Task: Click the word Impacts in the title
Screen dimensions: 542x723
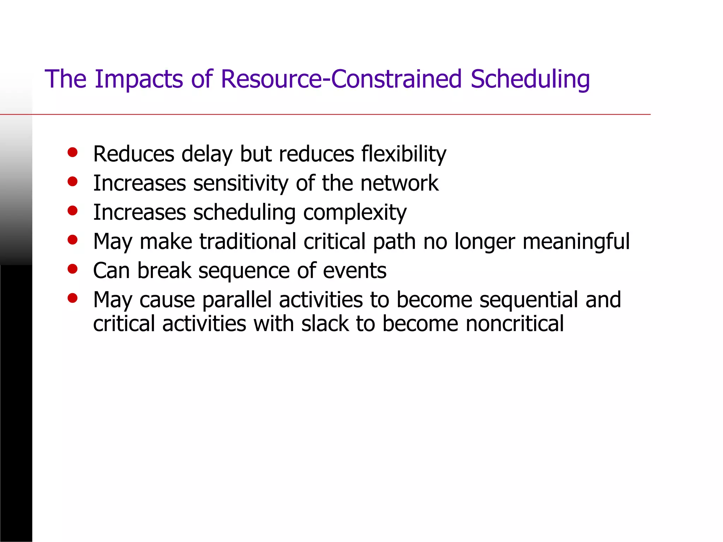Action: tap(139, 79)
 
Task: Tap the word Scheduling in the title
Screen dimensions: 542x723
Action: tap(530, 79)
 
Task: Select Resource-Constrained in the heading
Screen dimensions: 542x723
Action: tap(341, 79)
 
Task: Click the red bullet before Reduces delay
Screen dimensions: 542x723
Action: tap(72, 152)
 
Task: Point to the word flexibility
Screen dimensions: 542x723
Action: tap(404, 154)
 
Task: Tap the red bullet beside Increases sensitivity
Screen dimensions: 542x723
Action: tap(72, 181)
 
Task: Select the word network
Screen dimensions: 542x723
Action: tap(399, 183)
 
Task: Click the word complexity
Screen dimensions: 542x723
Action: tap(355, 213)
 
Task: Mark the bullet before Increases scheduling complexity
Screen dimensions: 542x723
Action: tap(72, 211)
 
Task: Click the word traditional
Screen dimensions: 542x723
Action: tap(247, 242)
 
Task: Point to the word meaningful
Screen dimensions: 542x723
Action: tap(576, 242)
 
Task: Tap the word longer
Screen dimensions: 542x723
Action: tap(484, 242)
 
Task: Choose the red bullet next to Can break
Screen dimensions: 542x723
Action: tap(72, 269)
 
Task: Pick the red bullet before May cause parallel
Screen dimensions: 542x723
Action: tap(72, 299)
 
